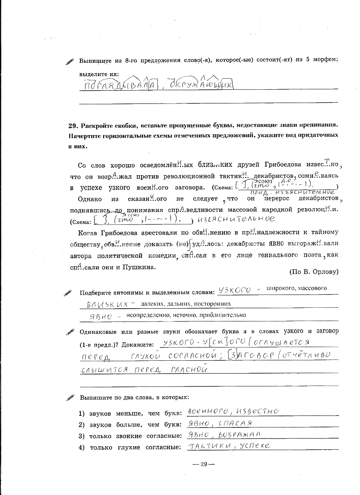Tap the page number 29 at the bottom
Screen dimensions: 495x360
click(204, 465)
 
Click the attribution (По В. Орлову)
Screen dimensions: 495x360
click(314, 271)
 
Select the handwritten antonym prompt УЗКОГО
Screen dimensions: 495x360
click(234, 291)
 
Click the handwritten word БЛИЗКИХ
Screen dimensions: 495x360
click(107, 304)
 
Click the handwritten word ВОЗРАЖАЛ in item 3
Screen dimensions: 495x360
click(239, 434)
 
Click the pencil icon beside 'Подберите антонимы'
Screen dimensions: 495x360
click(68, 293)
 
